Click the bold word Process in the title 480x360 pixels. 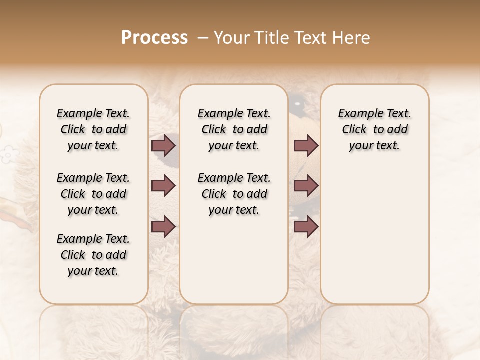[154, 37]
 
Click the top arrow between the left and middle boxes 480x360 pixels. [163, 145]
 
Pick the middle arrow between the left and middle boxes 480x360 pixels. [163, 186]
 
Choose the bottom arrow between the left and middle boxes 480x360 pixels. [163, 227]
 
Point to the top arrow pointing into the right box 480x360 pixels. [306, 145]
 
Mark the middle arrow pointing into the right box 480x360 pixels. [306, 186]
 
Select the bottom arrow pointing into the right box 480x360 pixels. [306, 227]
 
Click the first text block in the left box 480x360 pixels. [93, 129]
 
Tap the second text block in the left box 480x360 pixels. [93, 194]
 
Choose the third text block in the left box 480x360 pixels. [93, 255]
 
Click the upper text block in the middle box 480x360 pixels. [234, 129]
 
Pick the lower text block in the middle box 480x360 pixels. [234, 194]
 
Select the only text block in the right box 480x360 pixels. [374, 129]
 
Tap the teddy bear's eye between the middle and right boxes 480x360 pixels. [299, 105]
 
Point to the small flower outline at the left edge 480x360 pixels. [7, 154]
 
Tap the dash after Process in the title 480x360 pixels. [203, 38]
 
